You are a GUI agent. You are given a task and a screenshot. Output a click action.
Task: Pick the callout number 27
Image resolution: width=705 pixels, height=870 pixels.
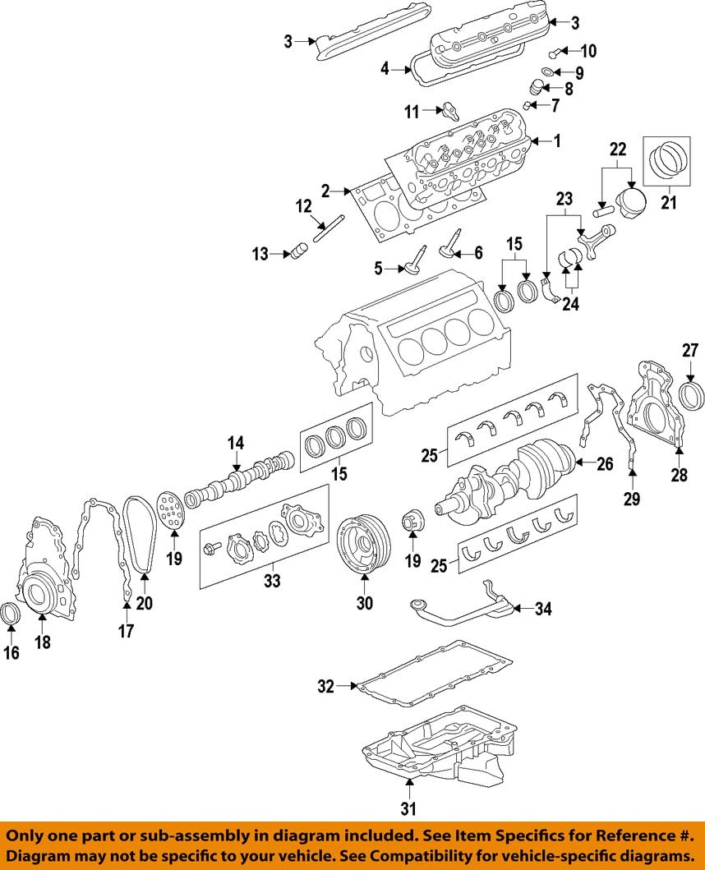[x=689, y=351]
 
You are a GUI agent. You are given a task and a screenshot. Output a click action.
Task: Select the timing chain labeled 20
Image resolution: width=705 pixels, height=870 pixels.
[x=135, y=534]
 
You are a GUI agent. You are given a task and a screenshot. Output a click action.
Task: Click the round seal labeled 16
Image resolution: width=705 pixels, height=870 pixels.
[x=12, y=614]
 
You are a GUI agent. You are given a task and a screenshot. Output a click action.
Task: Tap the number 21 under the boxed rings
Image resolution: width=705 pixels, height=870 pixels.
[x=669, y=200]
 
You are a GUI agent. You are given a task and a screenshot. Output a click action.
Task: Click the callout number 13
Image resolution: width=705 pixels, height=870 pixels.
[x=260, y=255]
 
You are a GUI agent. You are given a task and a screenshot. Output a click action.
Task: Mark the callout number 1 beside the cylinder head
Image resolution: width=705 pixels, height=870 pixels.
[x=557, y=141]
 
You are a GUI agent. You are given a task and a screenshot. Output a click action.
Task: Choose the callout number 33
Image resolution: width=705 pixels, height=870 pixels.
[x=271, y=581]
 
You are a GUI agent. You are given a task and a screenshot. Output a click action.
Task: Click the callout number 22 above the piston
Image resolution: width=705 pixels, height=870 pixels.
[x=617, y=150]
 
